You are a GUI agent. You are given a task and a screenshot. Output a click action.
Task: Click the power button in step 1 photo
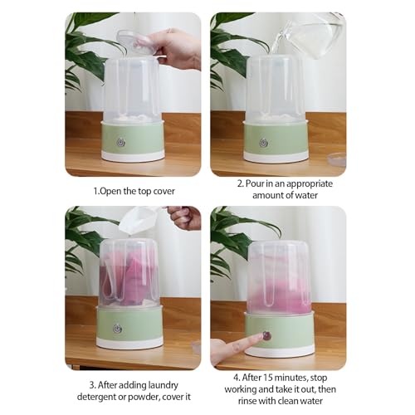click(x=121, y=142)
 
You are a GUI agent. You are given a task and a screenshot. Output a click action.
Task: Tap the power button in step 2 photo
click(x=264, y=143)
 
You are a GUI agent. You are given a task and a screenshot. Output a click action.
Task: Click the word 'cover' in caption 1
click(x=164, y=191)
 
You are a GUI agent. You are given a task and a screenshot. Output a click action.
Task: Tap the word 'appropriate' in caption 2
click(x=310, y=183)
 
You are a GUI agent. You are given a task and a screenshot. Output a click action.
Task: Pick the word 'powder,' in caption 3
click(x=144, y=397)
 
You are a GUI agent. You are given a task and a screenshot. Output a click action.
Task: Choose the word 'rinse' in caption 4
click(x=247, y=401)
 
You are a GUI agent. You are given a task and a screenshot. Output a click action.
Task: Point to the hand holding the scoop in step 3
click(x=184, y=217)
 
